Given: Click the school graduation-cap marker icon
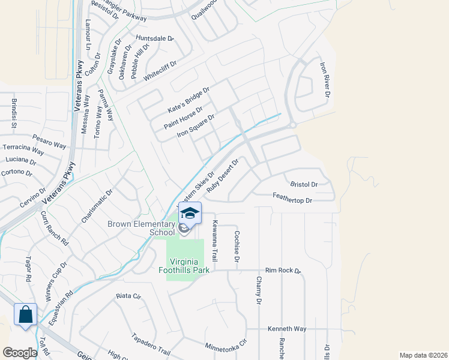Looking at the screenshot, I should pos(190,214).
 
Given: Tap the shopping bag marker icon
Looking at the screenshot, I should pos(26,314).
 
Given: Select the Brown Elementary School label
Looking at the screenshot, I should pos(141,228).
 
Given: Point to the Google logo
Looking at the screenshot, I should pos(20,353).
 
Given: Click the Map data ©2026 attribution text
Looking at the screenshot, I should pos(423,355).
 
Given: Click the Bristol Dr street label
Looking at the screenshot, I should pos(303,185).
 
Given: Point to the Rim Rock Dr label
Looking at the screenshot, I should pos(283,271).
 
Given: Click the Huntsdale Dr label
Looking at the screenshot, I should pos(154,38).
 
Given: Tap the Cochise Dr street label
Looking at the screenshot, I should pos(237,247).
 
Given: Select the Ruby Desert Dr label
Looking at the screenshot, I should pos(223,175).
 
